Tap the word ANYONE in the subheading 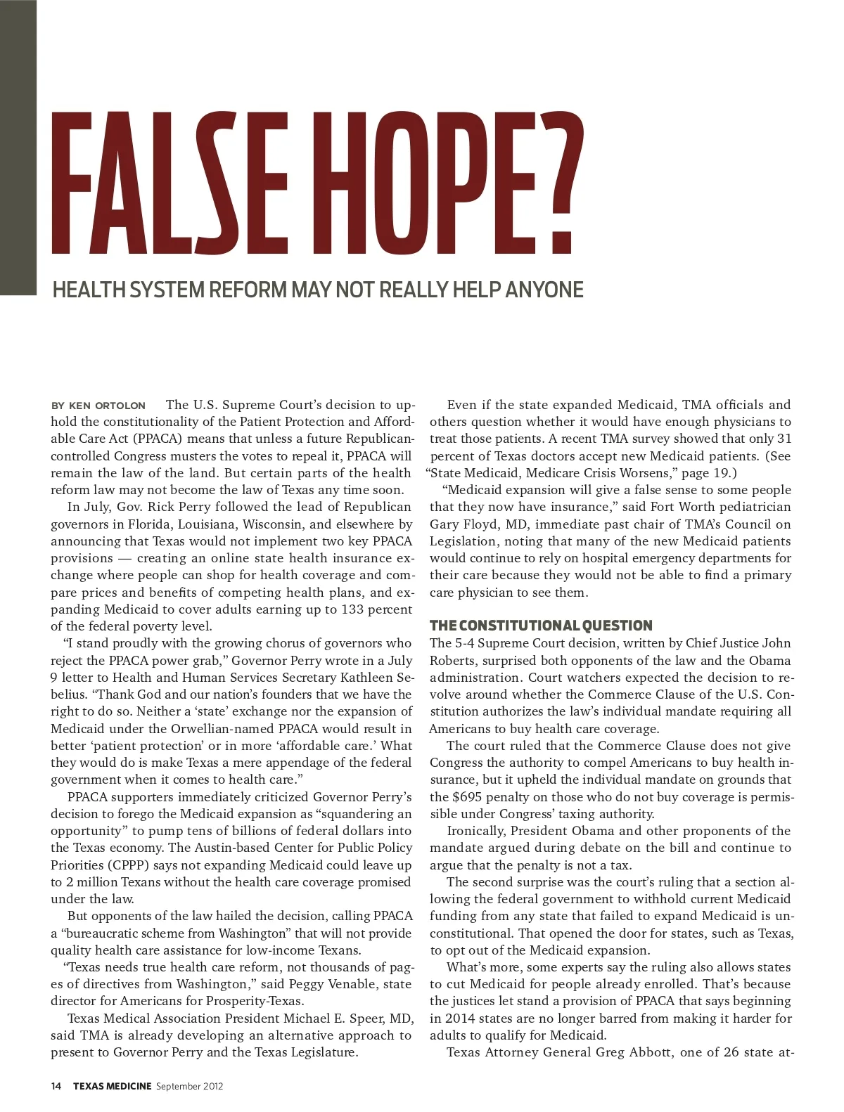(544, 290)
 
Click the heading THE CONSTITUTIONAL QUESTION (541, 626)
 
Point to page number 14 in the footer (56, 1086)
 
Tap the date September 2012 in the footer (190, 1086)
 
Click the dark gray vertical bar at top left (18, 148)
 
